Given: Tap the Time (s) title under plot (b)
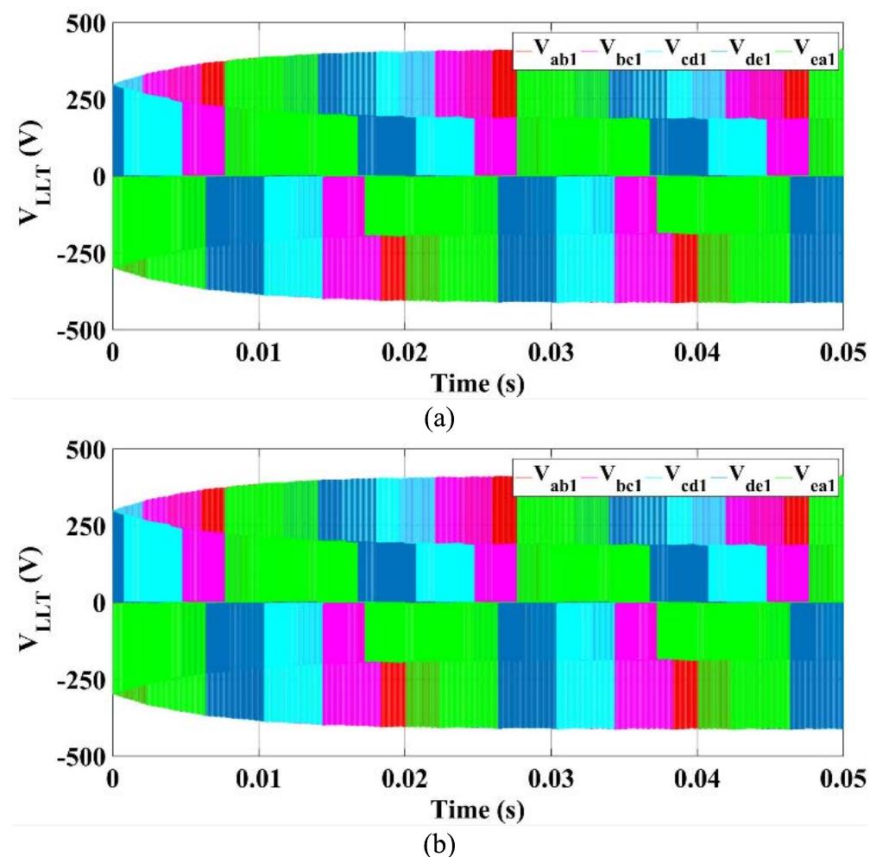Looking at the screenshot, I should tap(476, 809).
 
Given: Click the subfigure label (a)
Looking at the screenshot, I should tap(437, 419).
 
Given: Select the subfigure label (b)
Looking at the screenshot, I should tap(437, 843).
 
